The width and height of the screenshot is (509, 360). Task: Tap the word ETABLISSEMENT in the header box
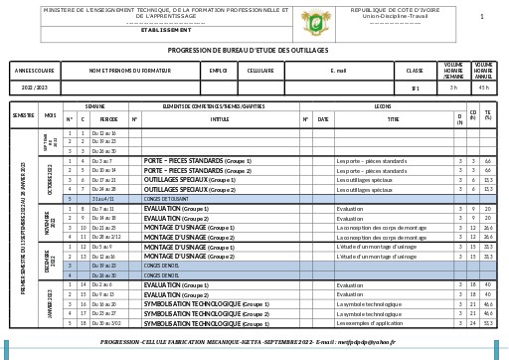click(166, 30)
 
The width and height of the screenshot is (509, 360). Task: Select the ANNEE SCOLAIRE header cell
click(35, 71)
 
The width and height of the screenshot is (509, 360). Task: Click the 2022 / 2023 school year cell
click(35, 88)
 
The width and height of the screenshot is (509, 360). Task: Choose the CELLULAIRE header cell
click(260, 71)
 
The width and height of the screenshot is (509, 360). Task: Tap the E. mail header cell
click(339, 71)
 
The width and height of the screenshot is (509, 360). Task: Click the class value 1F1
click(416, 88)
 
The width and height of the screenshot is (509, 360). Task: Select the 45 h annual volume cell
click(483, 88)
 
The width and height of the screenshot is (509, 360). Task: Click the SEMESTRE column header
click(23, 115)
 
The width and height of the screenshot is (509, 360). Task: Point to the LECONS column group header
click(383, 105)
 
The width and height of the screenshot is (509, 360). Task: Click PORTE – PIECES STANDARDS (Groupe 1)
click(198, 160)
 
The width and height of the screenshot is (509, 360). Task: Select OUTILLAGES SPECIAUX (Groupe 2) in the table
click(190, 189)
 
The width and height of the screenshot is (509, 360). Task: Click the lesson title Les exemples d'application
click(371, 323)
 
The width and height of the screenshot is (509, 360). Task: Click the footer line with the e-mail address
click(248, 342)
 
